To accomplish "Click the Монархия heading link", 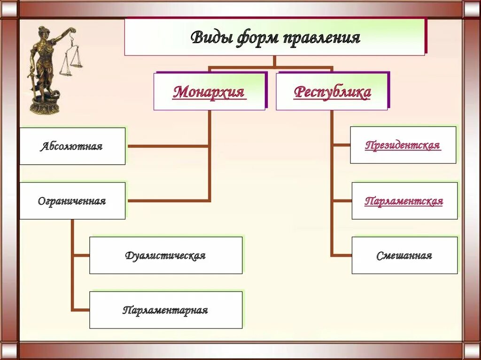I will (x=209, y=92).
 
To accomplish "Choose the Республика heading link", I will (x=332, y=92).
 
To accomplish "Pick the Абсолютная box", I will (x=72, y=146).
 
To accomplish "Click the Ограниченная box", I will (x=72, y=201).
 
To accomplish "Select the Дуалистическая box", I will (x=165, y=255).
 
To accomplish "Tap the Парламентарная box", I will (x=165, y=310).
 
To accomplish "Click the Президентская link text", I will (x=403, y=145).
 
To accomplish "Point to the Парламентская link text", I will (x=403, y=201).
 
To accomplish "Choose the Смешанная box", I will (x=404, y=255).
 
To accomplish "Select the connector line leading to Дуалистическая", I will (x=81, y=255).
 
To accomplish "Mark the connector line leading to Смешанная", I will (x=341, y=255).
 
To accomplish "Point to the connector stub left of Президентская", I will (x=341, y=145).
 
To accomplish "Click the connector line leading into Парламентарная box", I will (x=81, y=310).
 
